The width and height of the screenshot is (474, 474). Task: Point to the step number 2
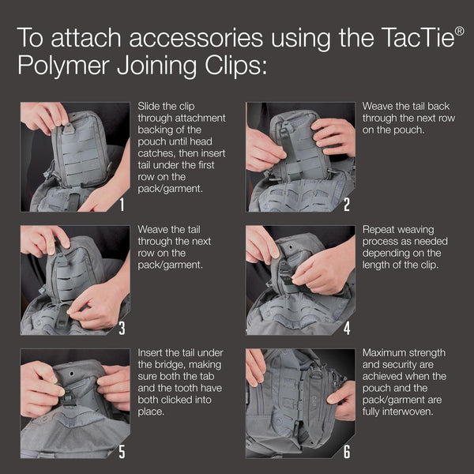347,205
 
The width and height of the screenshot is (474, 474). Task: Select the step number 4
347,328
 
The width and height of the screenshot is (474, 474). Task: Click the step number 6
347,451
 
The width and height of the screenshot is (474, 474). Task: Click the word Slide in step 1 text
150,106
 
